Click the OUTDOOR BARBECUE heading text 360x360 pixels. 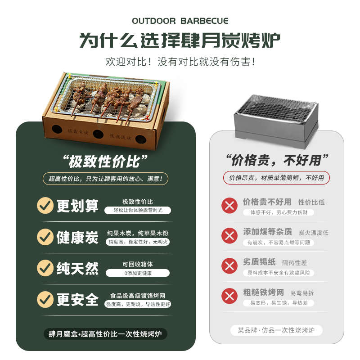(180, 21)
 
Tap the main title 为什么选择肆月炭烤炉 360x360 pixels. (180, 41)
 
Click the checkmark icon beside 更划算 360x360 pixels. (45, 206)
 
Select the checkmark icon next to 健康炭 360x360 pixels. (45, 237)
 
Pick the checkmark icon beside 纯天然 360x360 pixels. (45, 268)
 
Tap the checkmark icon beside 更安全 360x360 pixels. (45, 298)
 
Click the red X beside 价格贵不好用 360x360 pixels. (229, 206)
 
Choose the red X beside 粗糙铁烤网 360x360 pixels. (229, 296)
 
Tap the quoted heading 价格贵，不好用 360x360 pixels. (277, 160)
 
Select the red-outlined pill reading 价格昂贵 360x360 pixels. (276, 178)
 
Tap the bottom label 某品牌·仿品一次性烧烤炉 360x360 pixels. (277, 330)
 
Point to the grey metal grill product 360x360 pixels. (276, 119)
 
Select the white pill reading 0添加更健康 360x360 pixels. (138, 273)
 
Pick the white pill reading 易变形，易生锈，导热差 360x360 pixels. (279, 303)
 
